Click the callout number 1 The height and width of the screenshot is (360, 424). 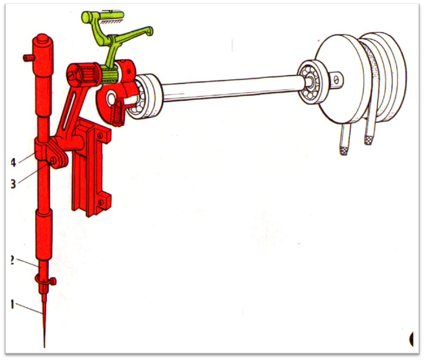click(x=12, y=304)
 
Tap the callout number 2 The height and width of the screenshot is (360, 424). click(x=12, y=260)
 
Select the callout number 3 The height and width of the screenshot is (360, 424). click(x=13, y=184)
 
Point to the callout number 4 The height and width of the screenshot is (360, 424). click(x=13, y=163)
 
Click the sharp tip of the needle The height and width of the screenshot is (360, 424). click(x=44, y=347)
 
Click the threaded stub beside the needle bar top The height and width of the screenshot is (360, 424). click(x=28, y=58)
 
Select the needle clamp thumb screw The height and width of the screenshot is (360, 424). click(x=53, y=281)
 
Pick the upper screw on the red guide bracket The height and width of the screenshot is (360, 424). click(x=100, y=135)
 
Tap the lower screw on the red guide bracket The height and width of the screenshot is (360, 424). click(x=101, y=202)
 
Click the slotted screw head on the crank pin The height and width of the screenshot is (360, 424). click(x=72, y=75)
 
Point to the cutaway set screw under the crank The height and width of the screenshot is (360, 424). click(x=118, y=113)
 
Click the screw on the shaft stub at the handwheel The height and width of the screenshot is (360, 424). click(x=336, y=80)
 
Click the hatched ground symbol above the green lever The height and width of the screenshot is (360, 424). click(x=112, y=21)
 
